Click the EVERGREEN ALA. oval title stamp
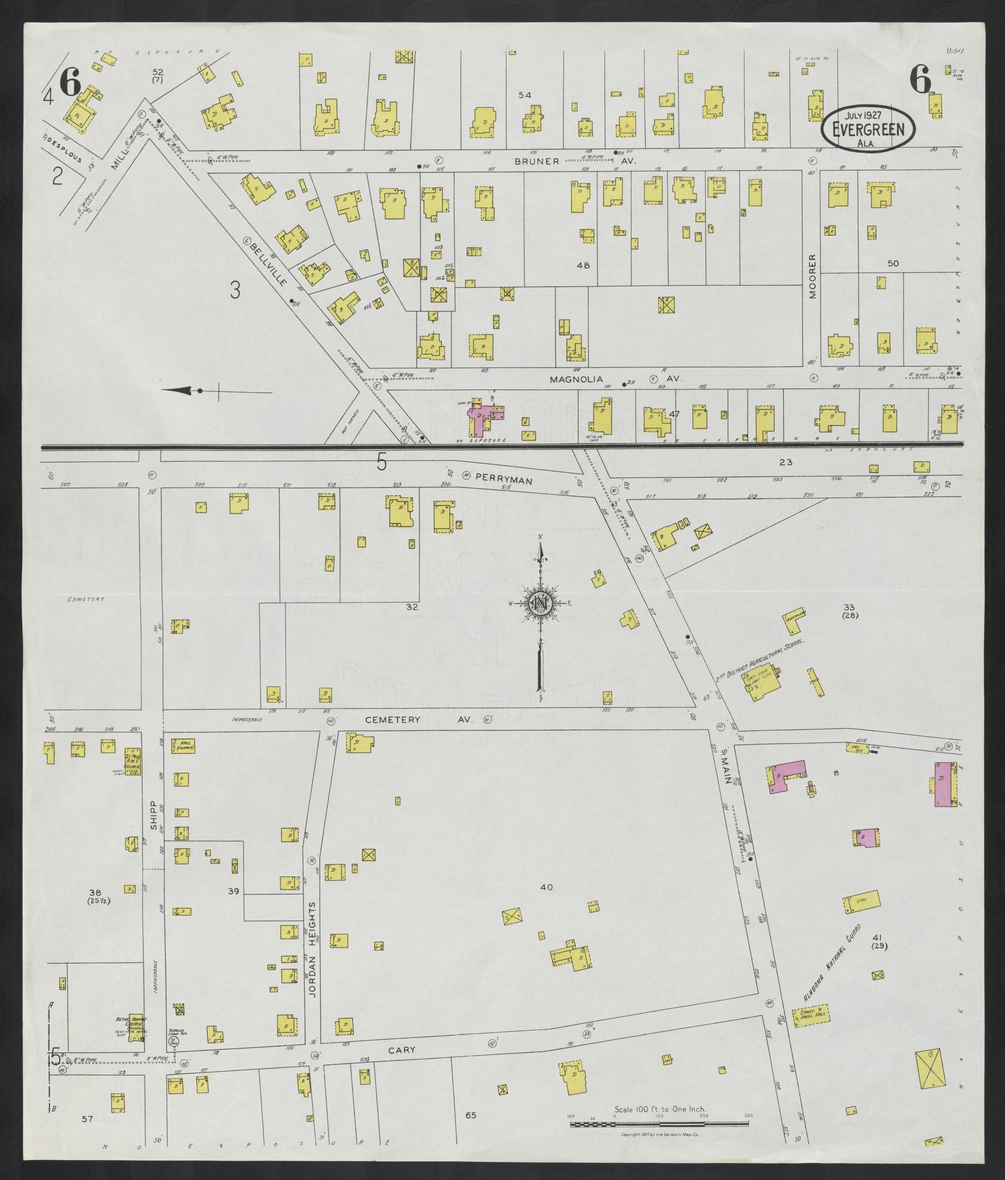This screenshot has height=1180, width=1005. (868, 129)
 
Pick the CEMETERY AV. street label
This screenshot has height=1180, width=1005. (419, 720)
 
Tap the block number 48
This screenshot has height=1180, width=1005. (583, 266)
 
